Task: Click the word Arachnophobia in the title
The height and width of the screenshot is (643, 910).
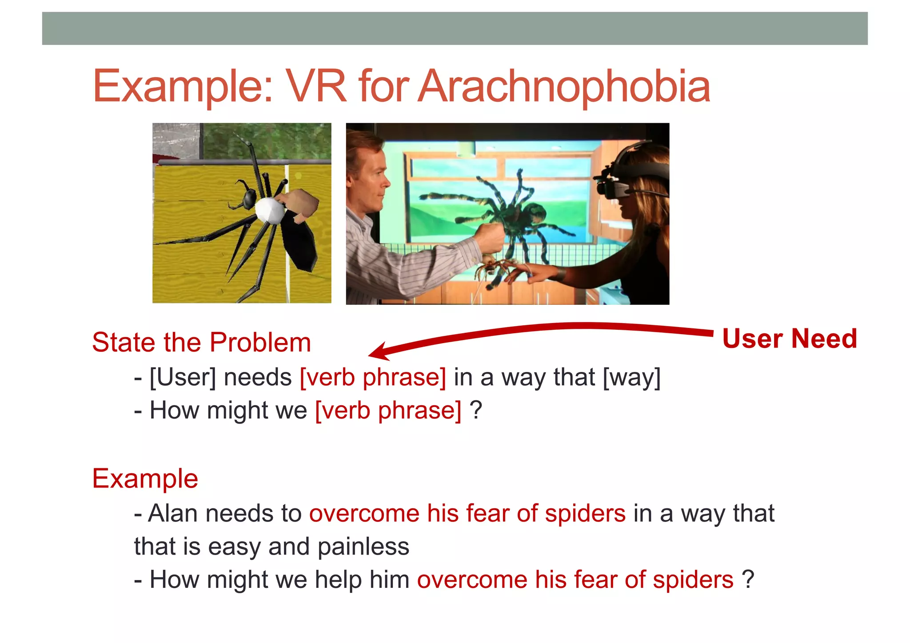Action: tap(564, 87)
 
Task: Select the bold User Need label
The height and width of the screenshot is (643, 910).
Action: tap(790, 339)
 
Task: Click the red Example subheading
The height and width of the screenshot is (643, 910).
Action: tap(145, 479)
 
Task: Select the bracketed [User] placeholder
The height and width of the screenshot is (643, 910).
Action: tap(183, 377)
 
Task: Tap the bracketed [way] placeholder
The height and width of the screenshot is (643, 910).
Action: tap(631, 377)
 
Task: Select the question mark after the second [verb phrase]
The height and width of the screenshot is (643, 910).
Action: tap(476, 410)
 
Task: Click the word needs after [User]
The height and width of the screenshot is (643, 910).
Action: tap(258, 377)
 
